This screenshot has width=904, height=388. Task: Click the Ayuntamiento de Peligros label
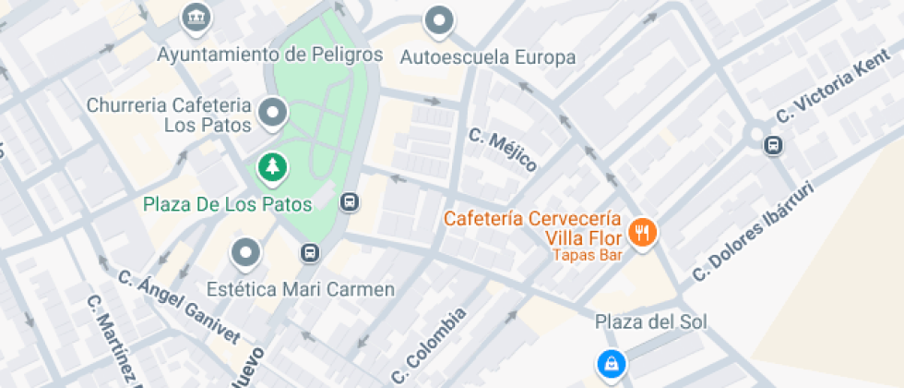(269, 55)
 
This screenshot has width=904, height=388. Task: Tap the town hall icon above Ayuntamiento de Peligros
(196, 17)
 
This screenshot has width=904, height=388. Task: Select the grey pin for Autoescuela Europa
(440, 20)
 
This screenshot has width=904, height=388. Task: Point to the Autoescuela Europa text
(488, 57)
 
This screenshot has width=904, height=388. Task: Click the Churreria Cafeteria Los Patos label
(169, 115)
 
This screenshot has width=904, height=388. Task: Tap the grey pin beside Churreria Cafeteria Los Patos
(273, 114)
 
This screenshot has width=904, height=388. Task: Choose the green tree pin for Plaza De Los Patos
(273, 167)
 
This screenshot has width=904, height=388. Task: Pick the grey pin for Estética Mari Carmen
(245, 251)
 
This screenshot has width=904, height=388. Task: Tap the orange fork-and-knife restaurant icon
(642, 232)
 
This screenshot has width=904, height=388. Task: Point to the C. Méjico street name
(502, 150)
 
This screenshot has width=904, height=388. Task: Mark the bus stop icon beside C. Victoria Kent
(773, 144)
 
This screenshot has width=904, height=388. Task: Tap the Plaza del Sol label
(650, 321)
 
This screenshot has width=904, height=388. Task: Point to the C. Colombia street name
(428, 346)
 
